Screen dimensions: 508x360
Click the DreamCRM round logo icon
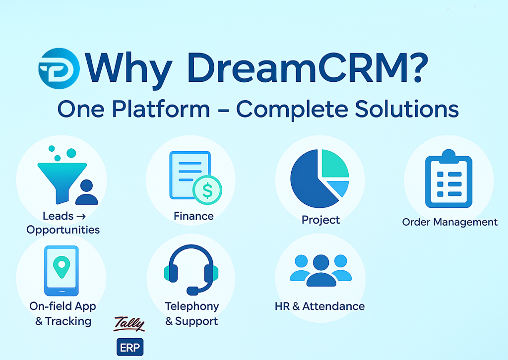point(59,68)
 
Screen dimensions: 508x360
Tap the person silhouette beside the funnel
point(86,192)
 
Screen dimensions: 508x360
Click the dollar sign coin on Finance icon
point(207,190)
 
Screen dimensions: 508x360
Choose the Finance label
point(194,216)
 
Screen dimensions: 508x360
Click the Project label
point(321,220)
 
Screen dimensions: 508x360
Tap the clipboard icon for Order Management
point(448,179)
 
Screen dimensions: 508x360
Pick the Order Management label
point(449,222)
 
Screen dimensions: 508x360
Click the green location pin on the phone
point(62,267)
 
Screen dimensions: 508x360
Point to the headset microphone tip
point(192,291)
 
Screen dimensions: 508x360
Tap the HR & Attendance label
point(320,306)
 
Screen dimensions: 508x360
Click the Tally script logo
point(129,324)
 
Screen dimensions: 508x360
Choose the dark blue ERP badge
point(130,348)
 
